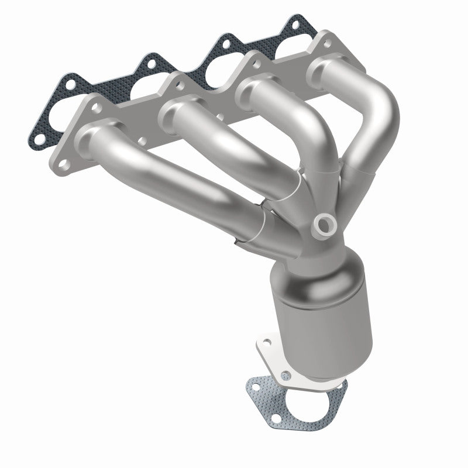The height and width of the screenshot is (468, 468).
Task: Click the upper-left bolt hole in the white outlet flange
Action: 267,339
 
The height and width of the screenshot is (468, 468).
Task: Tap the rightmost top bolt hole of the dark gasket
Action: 300,24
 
